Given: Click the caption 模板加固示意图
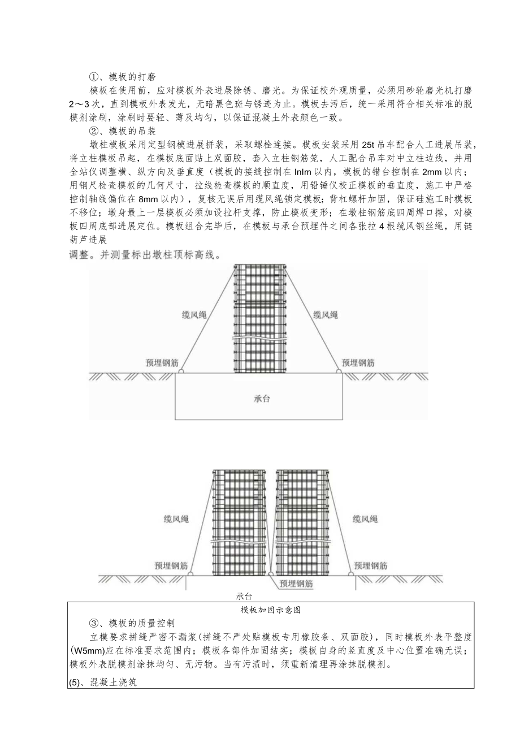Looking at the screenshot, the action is [x=270, y=610].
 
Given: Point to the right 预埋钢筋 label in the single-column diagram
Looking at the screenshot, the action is [x=358, y=363].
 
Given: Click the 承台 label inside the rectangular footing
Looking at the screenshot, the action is [x=259, y=399].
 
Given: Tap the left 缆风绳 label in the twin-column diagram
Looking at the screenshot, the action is [x=175, y=518].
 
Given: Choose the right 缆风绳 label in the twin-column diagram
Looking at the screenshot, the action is [x=365, y=518].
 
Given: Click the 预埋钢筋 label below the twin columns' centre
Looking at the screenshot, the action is [x=296, y=584].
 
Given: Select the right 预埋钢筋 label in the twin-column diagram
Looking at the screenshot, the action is [x=371, y=565].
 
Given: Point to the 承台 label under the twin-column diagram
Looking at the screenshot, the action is [x=244, y=596].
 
